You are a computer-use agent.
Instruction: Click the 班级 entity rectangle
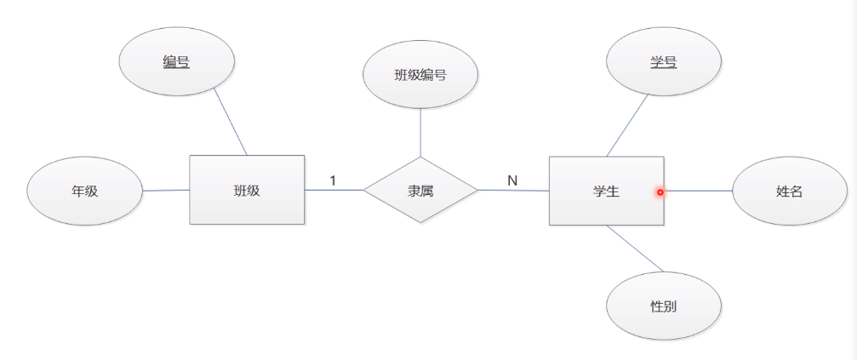pos(246,190)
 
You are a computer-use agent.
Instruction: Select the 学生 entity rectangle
pos(606,191)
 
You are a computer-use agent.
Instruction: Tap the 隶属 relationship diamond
pos(420,190)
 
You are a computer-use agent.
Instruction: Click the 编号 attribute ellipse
pos(176,61)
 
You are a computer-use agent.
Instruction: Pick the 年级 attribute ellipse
pos(84,191)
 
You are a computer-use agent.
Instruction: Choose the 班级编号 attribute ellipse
pos(420,74)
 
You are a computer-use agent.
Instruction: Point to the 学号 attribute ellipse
pos(664,61)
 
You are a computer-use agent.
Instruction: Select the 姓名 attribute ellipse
pos(789,191)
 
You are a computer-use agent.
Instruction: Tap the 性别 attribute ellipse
pos(664,306)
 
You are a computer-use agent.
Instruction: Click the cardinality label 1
pos(333,180)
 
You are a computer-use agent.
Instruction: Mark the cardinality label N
pos(512,180)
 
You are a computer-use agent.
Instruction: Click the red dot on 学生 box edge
pos(660,191)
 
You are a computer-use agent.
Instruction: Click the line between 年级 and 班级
pos(166,191)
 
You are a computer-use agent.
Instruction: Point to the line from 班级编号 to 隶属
pos(420,133)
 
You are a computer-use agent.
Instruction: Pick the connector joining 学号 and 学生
pos(627,125)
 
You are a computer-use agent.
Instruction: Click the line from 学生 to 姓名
pos(698,191)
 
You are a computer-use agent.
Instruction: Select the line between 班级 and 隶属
pos(334,190)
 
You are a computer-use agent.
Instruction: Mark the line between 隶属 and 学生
pos(513,191)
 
